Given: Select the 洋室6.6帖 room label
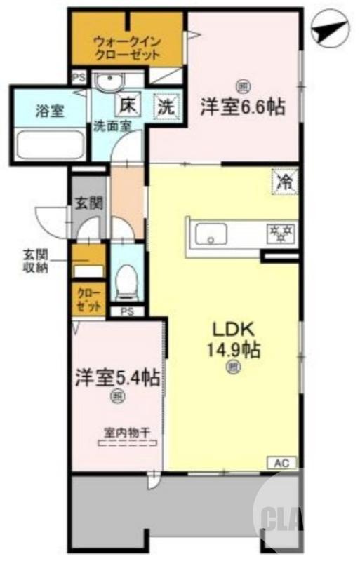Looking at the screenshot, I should [243, 107].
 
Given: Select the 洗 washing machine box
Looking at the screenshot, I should [165, 107].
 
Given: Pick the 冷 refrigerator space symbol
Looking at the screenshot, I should [285, 182].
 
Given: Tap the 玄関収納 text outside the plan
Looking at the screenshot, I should [34, 261].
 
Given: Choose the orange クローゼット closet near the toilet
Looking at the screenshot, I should [88, 299].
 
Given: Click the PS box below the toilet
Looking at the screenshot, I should [127, 311].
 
